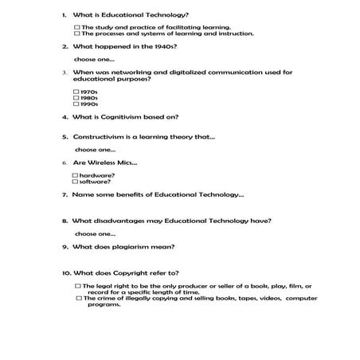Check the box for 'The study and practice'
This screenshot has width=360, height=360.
pos(77,27)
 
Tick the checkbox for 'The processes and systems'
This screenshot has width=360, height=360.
pos(77,33)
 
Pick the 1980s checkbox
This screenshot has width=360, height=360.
pos(76,98)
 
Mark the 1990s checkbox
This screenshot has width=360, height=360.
pos(76,104)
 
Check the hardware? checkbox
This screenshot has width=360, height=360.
pos(76,174)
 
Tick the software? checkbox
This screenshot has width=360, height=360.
pos(76,181)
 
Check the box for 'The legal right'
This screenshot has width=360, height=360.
pos(77,285)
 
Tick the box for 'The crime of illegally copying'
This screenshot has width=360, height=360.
pos(77,298)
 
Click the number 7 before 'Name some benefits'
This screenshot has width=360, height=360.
pos(64,194)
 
